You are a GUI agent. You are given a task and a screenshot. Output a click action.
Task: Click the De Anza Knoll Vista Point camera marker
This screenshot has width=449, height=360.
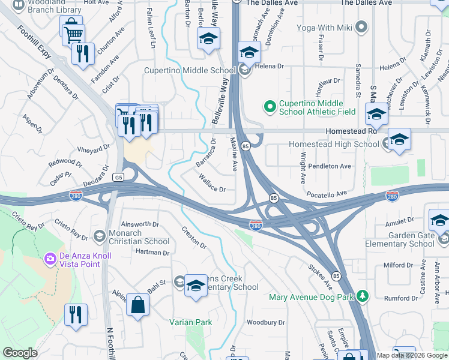point(50,259)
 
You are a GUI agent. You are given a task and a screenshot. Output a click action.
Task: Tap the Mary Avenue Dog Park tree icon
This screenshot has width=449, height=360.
point(362,296)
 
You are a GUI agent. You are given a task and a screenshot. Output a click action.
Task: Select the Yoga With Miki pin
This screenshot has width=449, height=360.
point(361,26)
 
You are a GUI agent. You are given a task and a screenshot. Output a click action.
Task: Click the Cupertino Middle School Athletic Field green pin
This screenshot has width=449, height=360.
point(270,107)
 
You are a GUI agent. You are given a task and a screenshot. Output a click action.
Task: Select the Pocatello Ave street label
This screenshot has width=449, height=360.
point(327,194)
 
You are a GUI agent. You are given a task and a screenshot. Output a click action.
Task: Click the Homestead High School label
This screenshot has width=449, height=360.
point(334,144)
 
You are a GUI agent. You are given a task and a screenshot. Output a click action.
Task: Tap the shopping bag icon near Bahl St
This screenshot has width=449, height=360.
point(137,304)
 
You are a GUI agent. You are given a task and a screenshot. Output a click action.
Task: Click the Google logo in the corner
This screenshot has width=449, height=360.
point(20,353)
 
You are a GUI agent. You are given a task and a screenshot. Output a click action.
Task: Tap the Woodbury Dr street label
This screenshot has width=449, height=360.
point(265,322)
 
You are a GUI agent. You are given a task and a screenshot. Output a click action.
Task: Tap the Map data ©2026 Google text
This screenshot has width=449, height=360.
point(412,355)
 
